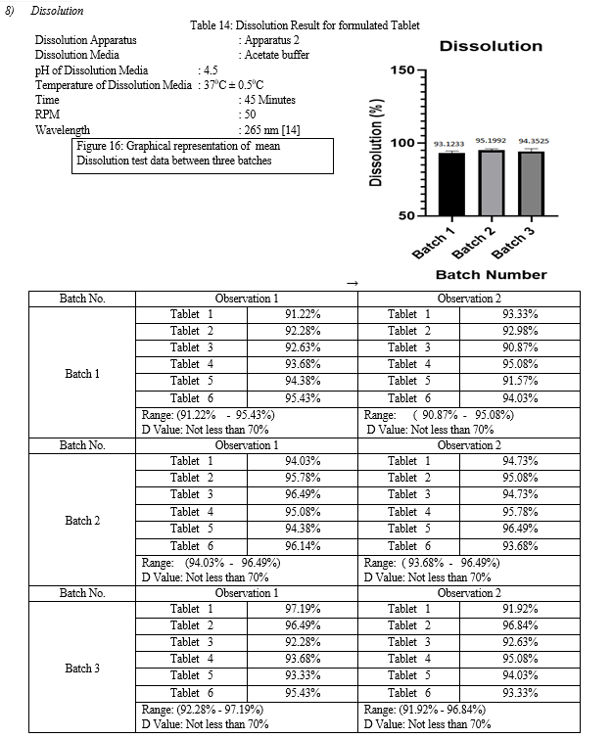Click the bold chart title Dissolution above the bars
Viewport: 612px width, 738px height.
491,46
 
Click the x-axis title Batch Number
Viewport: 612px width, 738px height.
491,274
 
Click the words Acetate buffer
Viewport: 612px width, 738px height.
277,55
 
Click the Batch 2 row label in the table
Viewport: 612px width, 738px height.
82,520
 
